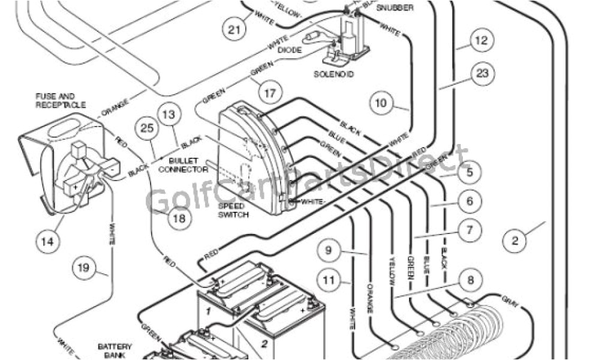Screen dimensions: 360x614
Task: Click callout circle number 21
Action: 233,28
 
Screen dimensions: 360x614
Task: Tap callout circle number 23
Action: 483,74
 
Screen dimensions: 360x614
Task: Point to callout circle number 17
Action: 270,93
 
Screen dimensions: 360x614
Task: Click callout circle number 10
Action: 382,103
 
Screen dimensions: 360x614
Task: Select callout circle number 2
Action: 514,241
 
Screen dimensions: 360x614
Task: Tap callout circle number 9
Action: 329,250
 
